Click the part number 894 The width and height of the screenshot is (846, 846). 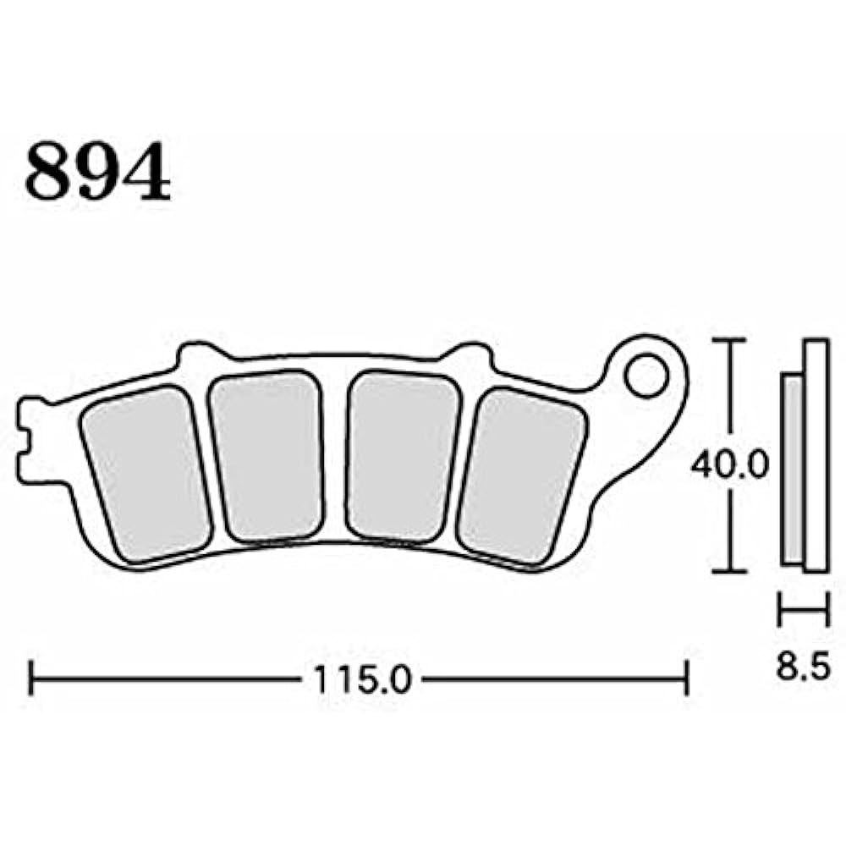[x=97, y=172]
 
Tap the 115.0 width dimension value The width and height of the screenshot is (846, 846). [x=361, y=678]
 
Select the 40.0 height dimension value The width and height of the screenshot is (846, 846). [x=729, y=464]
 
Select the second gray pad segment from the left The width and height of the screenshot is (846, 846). [x=267, y=456]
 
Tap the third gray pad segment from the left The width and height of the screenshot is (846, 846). [x=404, y=456]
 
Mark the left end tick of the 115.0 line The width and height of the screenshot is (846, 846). [x=30, y=678]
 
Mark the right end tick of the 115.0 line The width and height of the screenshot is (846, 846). [x=686, y=678]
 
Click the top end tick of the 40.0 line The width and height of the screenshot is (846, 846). [x=729, y=340]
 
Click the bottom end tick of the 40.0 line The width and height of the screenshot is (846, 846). [x=729, y=572]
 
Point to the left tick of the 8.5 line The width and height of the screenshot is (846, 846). [x=781, y=609]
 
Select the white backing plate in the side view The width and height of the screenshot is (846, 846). [x=815, y=457]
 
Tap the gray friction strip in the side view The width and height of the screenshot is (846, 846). [x=793, y=470]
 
